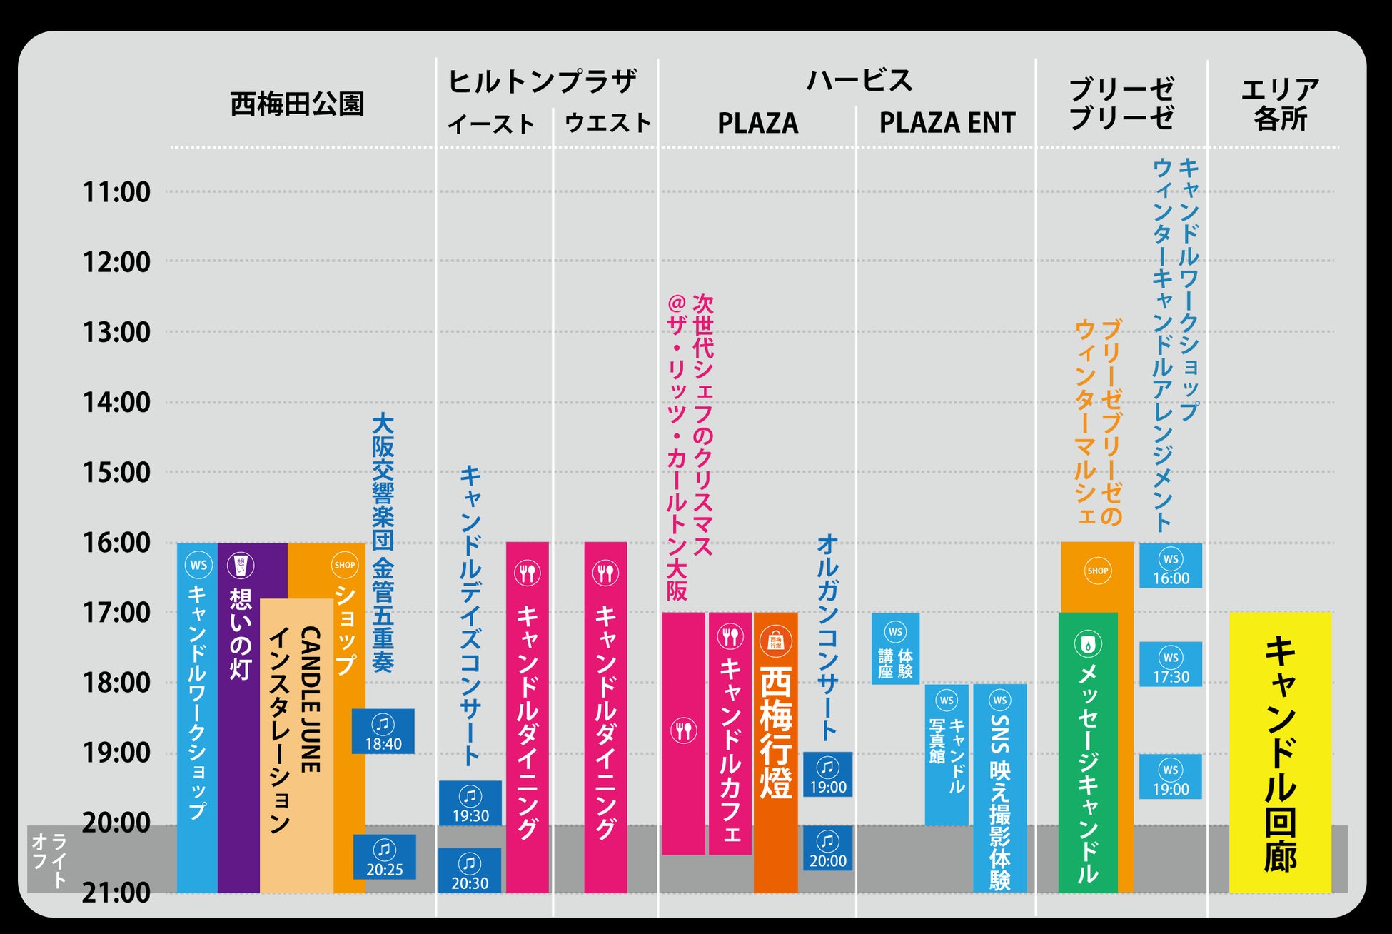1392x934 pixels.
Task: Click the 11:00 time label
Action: [x=116, y=192]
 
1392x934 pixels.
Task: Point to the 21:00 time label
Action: [x=116, y=893]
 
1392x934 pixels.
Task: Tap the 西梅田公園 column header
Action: [x=297, y=104]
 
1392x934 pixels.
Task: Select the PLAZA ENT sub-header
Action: [x=947, y=123]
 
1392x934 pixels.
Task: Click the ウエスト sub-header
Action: [x=607, y=123]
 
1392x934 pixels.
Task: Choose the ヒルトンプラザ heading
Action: [x=543, y=81]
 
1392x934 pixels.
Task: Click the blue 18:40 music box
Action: [x=383, y=731]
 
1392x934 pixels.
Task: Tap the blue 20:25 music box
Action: [x=384, y=857]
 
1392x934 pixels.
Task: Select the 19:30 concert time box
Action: [x=470, y=803]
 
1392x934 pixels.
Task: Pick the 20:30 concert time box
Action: [x=469, y=871]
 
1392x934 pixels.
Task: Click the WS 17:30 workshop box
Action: [x=1171, y=665]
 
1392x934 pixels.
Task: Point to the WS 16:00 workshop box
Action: [x=1171, y=566]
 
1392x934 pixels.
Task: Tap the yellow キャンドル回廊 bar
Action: [x=1280, y=752]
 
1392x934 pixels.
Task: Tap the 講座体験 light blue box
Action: [x=895, y=649]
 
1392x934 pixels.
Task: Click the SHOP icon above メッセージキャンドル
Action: [x=1097, y=571]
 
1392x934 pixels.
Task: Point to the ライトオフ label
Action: [x=49, y=860]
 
